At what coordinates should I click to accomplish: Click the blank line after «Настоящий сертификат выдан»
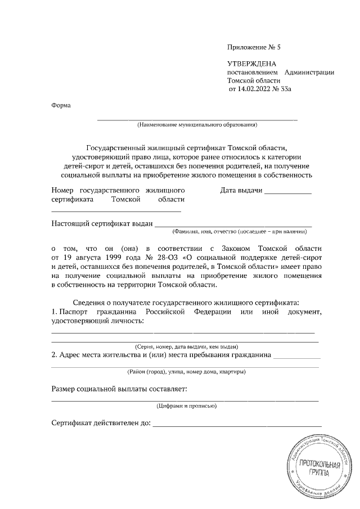(233, 224)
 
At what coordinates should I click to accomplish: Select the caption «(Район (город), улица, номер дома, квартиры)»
(185, 372)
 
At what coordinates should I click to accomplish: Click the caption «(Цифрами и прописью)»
(185, 405)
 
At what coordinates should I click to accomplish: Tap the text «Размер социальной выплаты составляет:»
(119, 389)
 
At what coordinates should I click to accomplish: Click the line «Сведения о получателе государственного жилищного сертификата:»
(185, 302)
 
